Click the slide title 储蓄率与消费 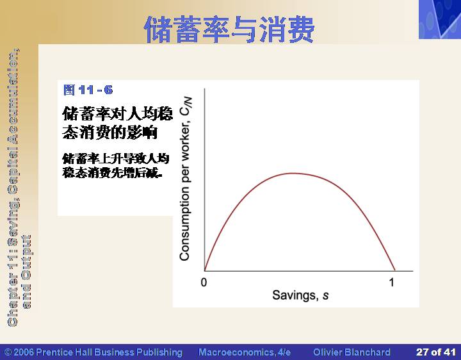[x=229, y=29]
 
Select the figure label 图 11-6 [x=88, y=90]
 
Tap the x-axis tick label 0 [x=204, y=282]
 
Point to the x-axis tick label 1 [x=391, y=282]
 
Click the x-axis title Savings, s [x=300, y=295]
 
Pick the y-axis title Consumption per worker [x=184, y=192]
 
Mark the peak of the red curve [x=294, y=173]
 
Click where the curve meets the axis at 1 [x=394, y=270]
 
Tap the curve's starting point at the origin [x=205, y=270]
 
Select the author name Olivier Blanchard [x=352, y=352]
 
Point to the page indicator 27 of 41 [x=436, y=352]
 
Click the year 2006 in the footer [x=24, y=352]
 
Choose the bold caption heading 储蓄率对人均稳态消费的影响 [x=118, y=123]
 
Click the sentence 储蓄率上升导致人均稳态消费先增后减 [x=115, y=166]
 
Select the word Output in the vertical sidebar [x=26, y=258]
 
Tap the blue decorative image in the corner [x=440, y=19]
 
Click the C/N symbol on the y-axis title [x=186, y=106]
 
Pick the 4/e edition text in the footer [x=284, y=352]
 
